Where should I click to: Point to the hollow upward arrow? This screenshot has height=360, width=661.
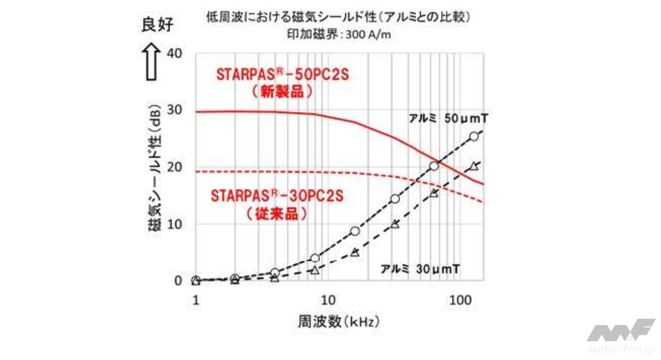152,61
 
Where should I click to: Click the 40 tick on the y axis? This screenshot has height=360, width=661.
175,53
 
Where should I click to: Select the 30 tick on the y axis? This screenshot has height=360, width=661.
175,111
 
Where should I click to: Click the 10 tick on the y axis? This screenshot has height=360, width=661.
175,224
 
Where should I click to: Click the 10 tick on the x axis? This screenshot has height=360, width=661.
327,299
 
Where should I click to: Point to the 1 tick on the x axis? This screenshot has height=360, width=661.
195,299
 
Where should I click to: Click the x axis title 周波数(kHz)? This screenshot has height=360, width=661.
339,322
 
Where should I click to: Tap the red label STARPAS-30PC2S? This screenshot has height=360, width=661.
278,196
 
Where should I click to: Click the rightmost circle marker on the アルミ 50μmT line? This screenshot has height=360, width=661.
474,136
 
